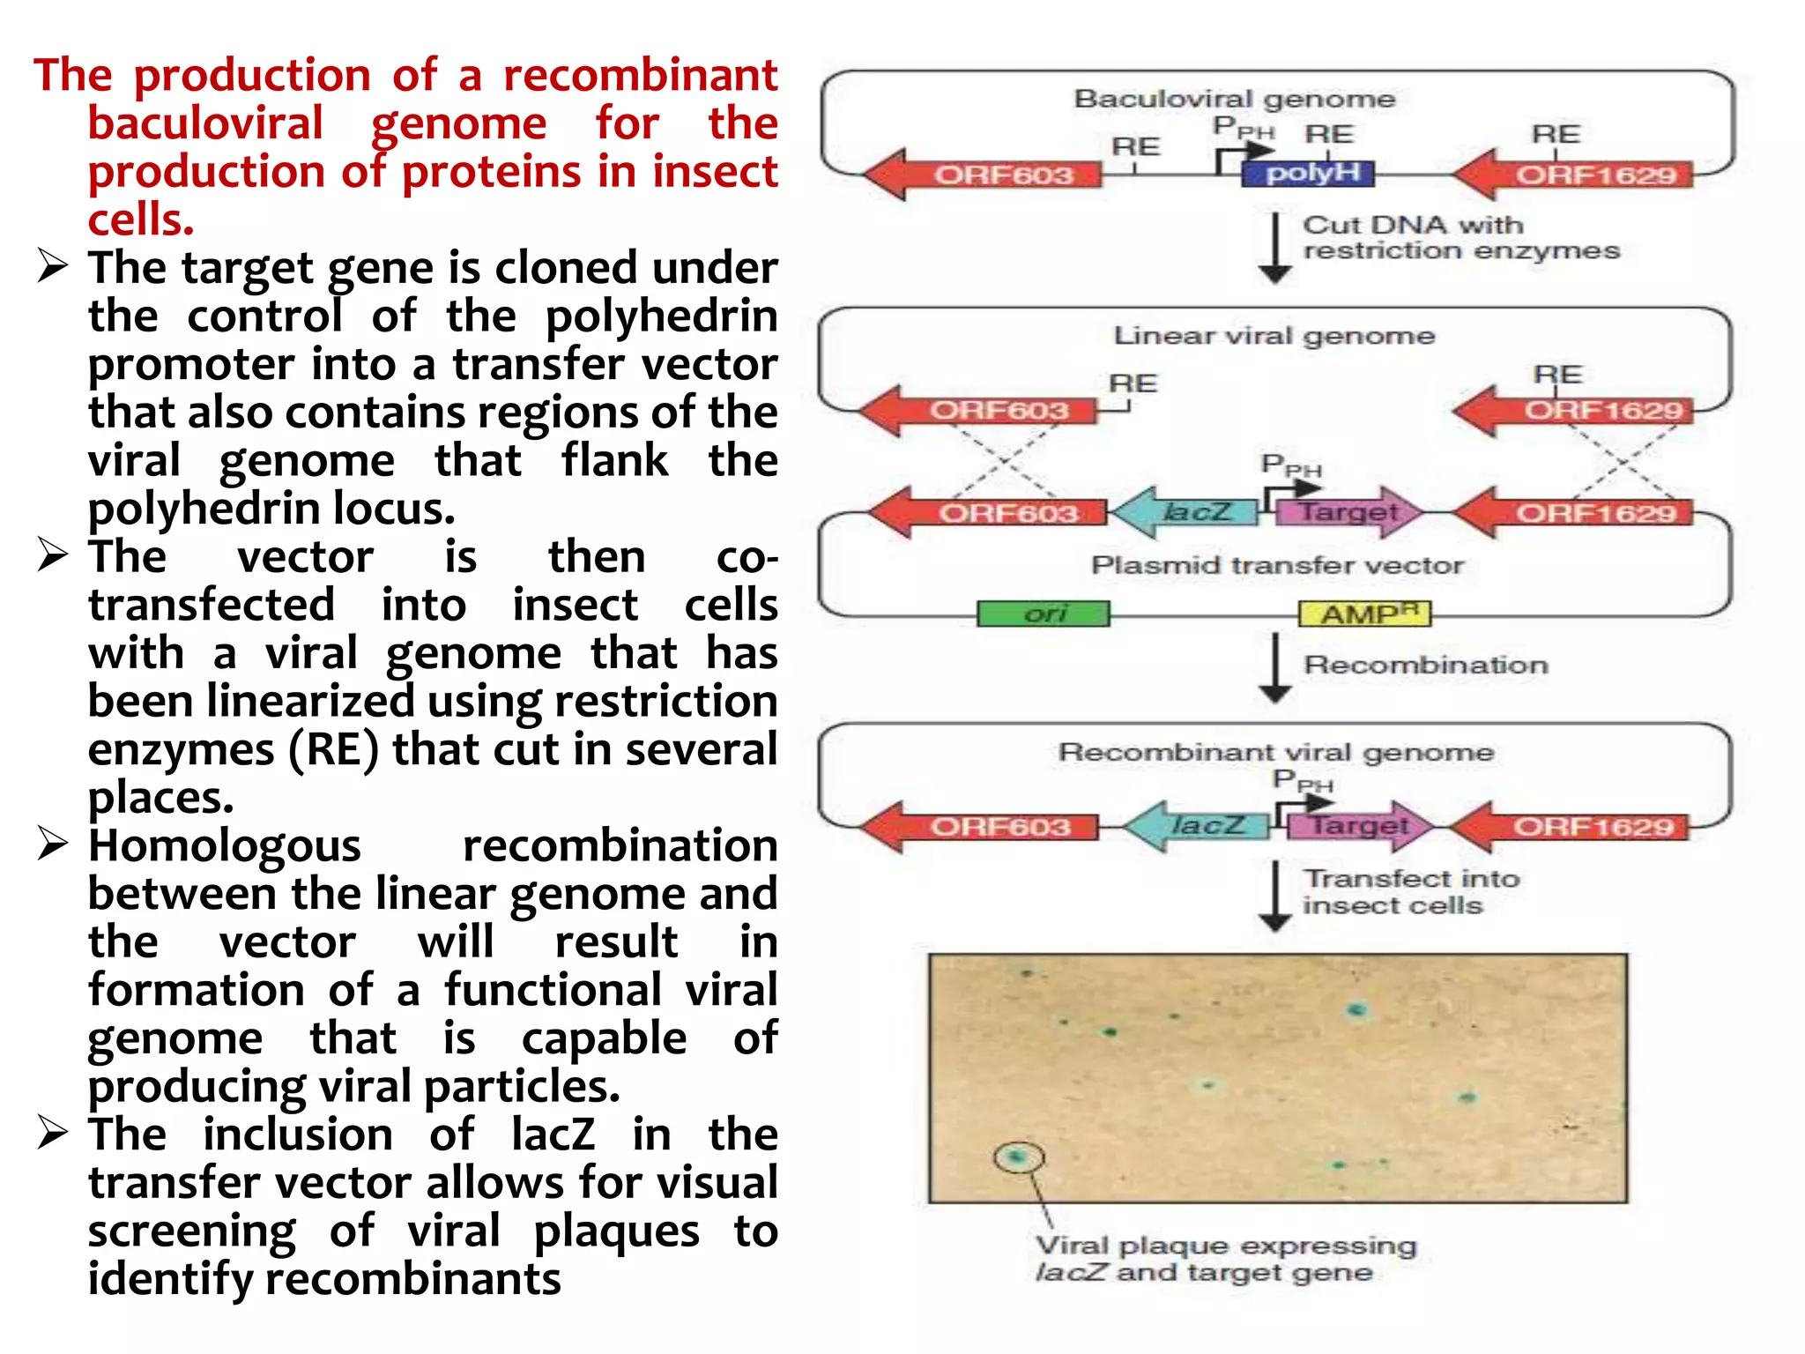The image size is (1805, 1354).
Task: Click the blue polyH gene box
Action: [1308, 173]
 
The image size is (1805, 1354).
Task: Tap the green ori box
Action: [1044, 613]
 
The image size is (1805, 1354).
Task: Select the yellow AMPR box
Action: [1364, 613]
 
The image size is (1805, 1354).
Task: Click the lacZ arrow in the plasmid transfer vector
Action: [1186, 512]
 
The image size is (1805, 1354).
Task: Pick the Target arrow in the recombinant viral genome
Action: [1357, 826]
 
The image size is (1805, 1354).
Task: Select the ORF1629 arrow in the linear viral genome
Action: [1578, 411]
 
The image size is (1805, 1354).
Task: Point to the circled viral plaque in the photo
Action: [1018, 1157]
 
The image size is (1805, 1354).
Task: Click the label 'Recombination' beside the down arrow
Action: [1425, 665]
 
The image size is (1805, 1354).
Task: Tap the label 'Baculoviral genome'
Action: [1234, 99]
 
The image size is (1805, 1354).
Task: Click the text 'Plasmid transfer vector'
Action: [1277, 565]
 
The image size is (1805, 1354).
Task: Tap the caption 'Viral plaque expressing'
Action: [1225, 1246]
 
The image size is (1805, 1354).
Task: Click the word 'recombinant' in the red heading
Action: [640, 76]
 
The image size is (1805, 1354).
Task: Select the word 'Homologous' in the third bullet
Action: [225, 846]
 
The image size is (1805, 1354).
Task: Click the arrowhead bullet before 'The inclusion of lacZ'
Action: [53, 1134]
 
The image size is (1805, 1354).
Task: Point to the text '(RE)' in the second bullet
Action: [334, 750]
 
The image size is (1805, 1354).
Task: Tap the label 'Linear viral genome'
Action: [1274, 336]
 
